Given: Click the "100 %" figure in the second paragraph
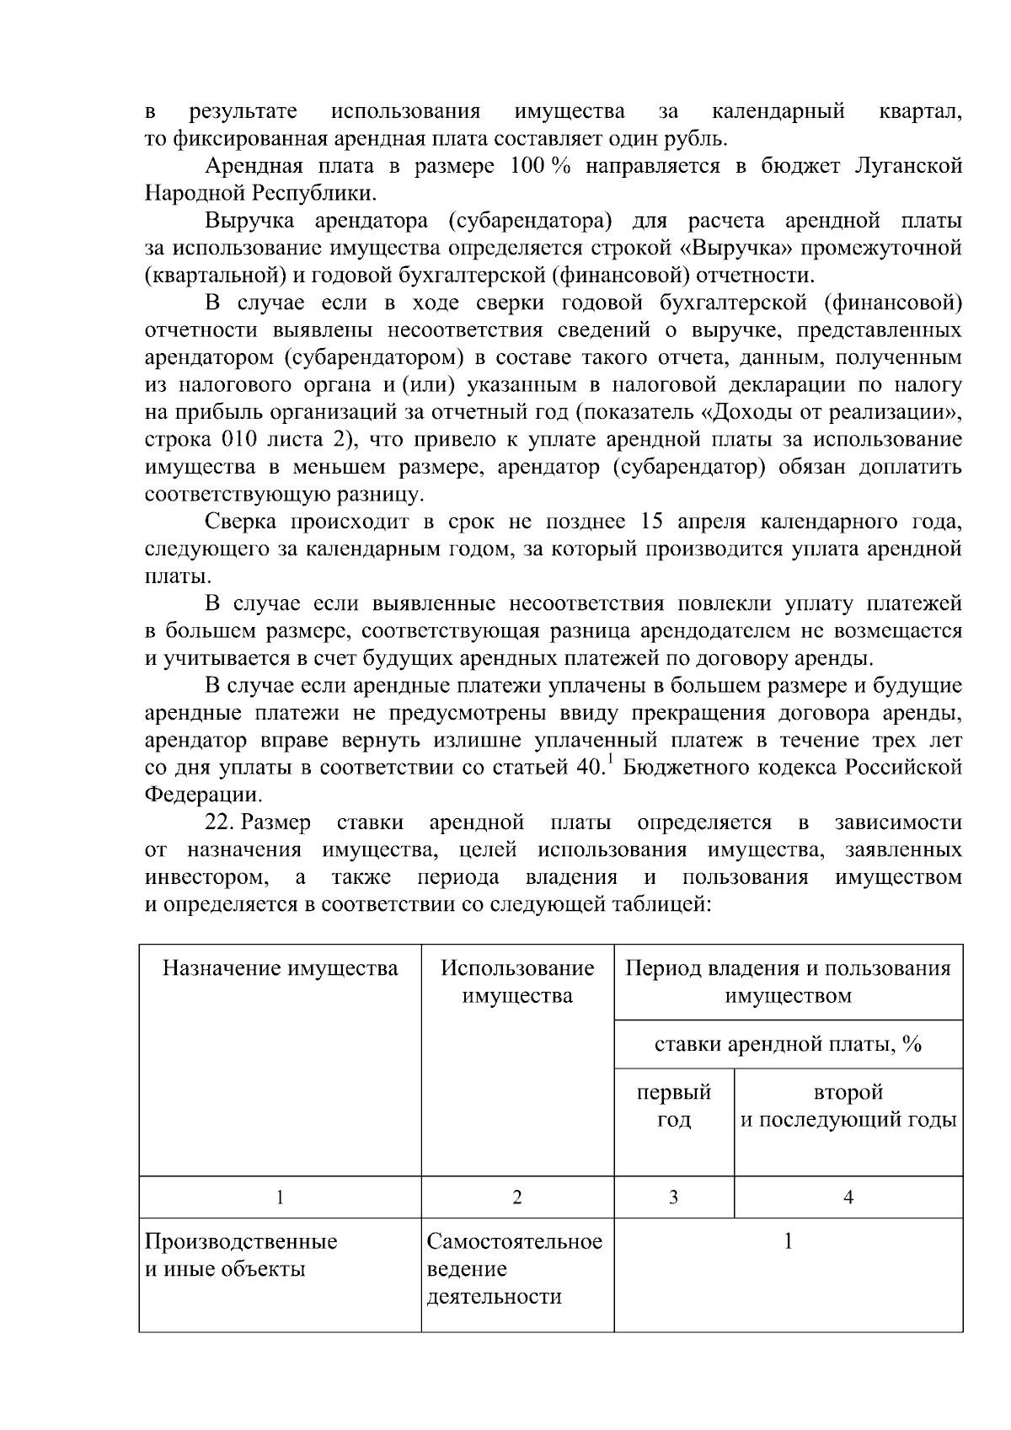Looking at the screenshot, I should click(x=541, y=166).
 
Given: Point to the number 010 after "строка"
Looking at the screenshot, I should click(x=245, y=439).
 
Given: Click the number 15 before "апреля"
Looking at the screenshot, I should click(x=653, y=522).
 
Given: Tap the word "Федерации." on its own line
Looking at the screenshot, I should click(x=202, y=794).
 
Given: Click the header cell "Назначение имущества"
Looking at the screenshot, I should click(x=280, y=968).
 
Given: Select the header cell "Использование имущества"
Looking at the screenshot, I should click(x=517, y=982).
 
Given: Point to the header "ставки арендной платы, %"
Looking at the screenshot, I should click(x=788, y=1044).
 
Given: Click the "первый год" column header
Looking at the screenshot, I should click(x=673, y=1106).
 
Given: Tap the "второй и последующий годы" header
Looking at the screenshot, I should click(x=848, y=1106).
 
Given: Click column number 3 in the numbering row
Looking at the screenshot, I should click(x=673, y=1197).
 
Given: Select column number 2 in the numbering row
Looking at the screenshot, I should click(x=517, y=1197).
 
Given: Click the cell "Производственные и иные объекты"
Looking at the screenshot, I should click(x=241, y=1255).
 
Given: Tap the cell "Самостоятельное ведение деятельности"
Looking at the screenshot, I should click(x=515, y=1268).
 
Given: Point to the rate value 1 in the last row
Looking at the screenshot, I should click(x=788, y=1241).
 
